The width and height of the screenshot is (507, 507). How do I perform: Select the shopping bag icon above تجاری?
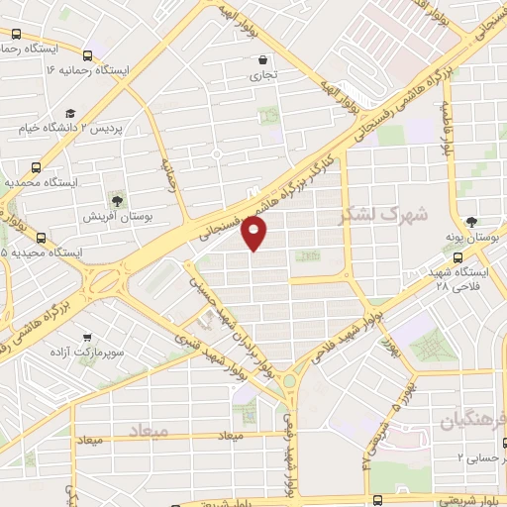pos(261,58)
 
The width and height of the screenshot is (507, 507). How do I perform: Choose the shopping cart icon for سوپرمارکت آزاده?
pos(90,336)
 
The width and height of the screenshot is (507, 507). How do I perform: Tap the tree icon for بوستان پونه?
pos(471,221)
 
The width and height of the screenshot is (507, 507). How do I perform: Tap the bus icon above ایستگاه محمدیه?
pos(36,167)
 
